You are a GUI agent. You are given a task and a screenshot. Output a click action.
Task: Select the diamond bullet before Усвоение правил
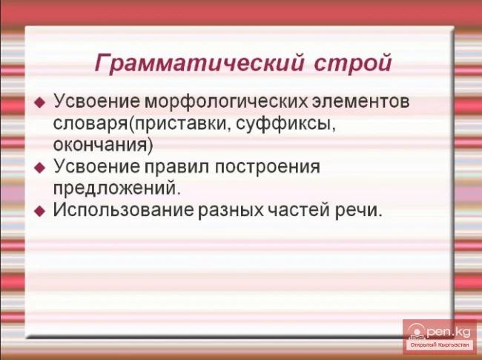point(40,168)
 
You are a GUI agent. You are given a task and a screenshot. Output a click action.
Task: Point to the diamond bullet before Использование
point(40,211)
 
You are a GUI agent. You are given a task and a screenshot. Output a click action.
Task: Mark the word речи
point(363,209)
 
